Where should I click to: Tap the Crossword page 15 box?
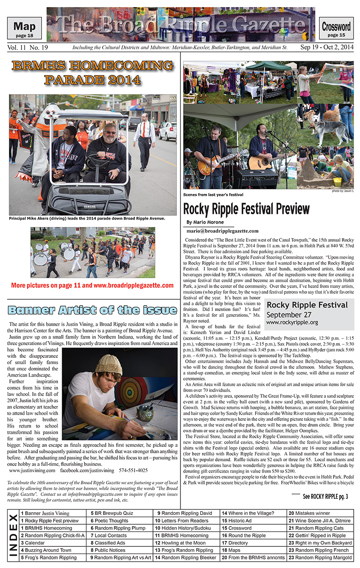(x=336, y=29)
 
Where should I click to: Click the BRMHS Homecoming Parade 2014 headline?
(x=92, y=73)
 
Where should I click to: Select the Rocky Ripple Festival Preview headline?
(x=247, y=209)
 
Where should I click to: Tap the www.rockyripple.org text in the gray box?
(x=292, y=323)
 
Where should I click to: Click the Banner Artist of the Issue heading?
(x=93, y=310)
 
